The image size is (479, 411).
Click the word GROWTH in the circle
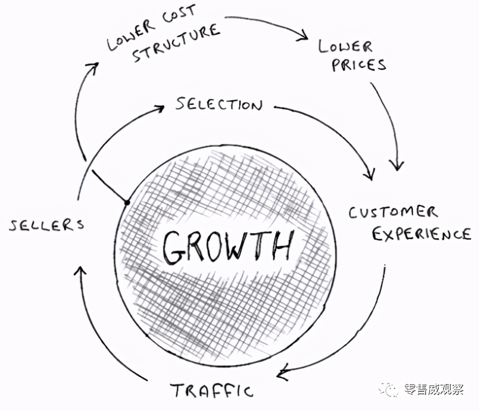[x=228, y=247]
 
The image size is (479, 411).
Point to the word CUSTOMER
[x=393, y=212]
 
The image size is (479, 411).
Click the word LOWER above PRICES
[x=345, y=47]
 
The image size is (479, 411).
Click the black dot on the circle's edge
[x=127, y=203]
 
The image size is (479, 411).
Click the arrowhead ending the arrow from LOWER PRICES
[x=397, y=166]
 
